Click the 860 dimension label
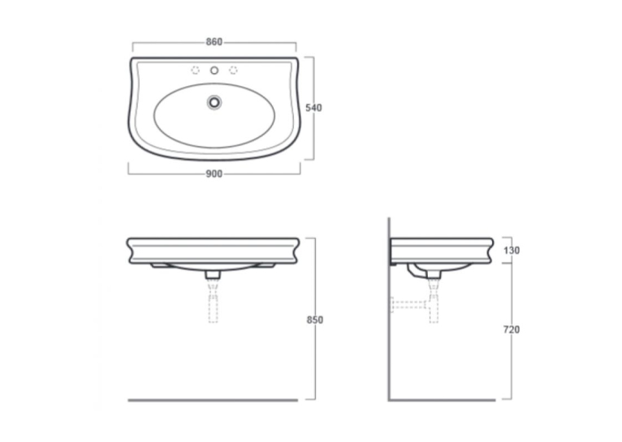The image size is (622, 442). coord(214,41)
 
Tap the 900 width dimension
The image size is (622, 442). coord(214,174)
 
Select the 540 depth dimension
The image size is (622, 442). coord(313,108)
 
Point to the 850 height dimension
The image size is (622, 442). coord(315,320)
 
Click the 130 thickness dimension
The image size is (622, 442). coord(512,251)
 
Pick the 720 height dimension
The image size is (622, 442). coord(512,329)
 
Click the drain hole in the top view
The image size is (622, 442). coord(214,102)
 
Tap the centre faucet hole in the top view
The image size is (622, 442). coord(214,71)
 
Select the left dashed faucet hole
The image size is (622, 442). coord(195,70)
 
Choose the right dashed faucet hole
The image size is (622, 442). coord(233,70)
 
